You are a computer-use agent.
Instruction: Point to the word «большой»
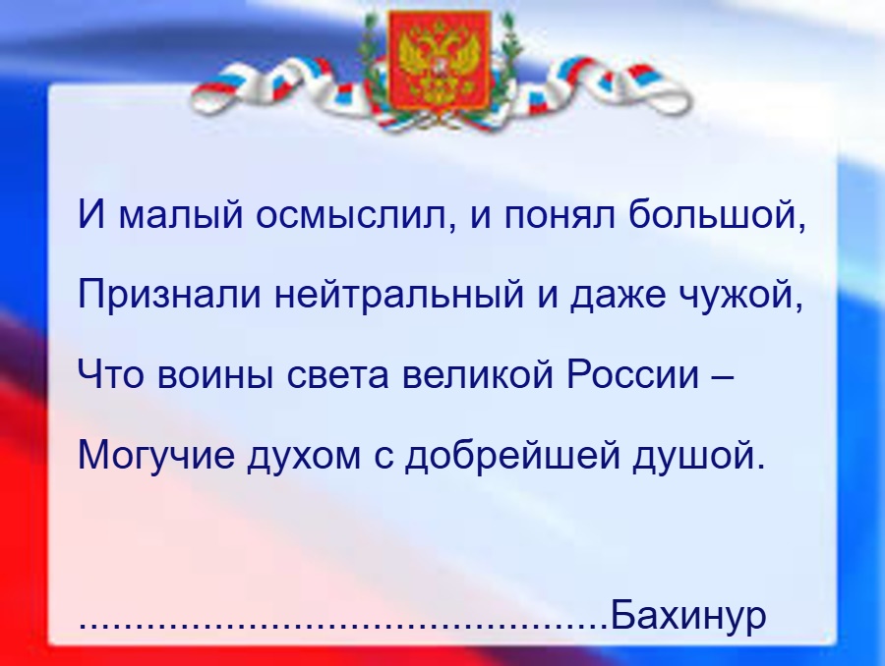coord(714,213)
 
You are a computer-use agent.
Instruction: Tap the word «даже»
coord(618,297)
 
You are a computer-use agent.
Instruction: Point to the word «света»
coord(338,376)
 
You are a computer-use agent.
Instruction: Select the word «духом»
coord(304,457)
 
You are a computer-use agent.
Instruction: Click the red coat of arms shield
coord(440,59)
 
